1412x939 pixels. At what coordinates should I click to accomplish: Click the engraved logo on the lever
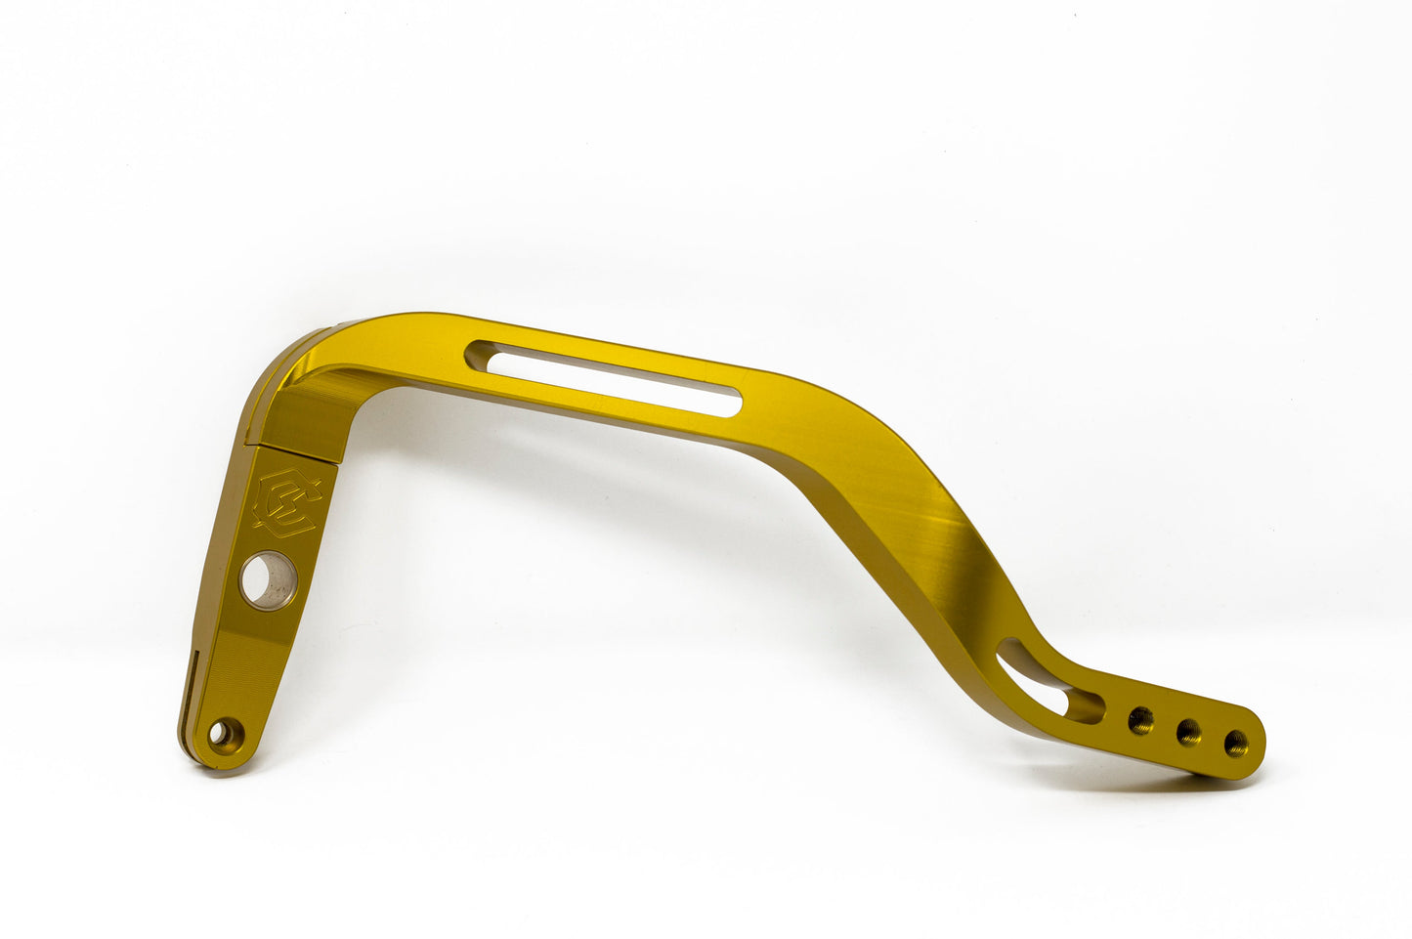point(286,502)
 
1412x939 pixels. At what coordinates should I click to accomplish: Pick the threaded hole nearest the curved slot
point(1140,722)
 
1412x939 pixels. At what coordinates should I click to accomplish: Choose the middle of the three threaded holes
point(1188,732)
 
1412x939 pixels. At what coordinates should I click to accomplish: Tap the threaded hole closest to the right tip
point(1235,742)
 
